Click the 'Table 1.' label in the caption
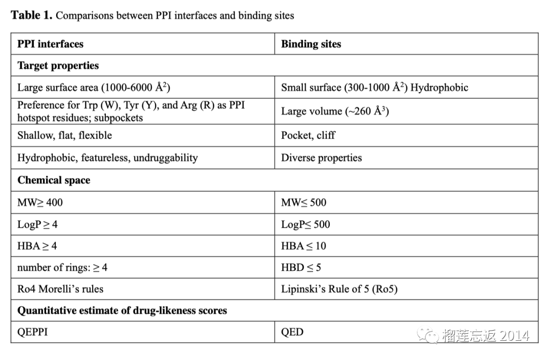tap(31, 15)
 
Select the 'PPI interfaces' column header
tap(50, 44)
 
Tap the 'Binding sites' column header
tap(311, 44)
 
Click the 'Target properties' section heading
tap(58, 66)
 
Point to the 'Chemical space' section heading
tap(54, 180)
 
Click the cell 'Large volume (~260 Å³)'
tap(335, 111)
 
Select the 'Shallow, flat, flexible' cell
tap(64, 135)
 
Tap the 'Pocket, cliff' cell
tap(308, 135)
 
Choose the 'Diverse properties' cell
tap(321, 157)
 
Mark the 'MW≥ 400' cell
tap(40, 203)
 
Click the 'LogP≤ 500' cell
tap(305, 224)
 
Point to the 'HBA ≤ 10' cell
tap(303, 246)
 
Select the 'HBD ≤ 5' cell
tap(301, 268)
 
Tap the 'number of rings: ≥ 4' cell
tap(62, 268)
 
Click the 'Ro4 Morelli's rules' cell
tap(60, 290)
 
